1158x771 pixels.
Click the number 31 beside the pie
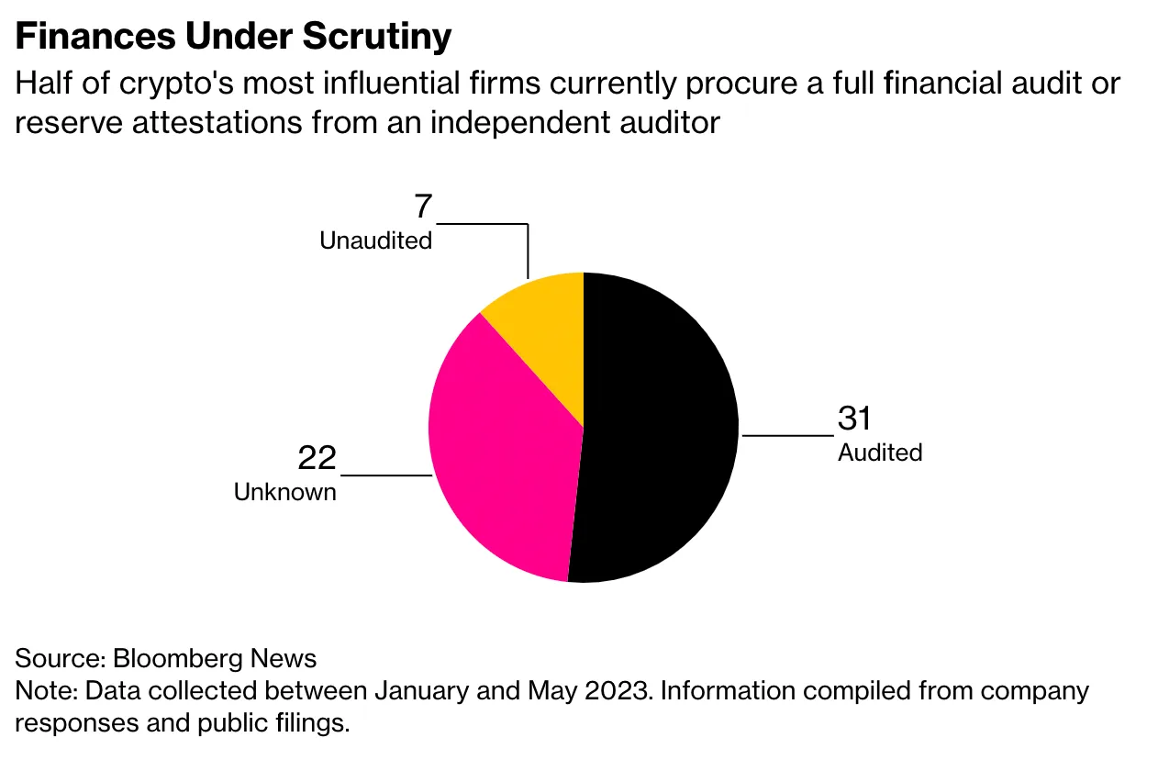click(x=854, y=419)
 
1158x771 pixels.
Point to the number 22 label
click(x=317, y=458)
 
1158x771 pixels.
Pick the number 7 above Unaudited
click(x=422, y=207)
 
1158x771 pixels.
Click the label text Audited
click(x=880, y=453)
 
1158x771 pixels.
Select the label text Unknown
click(x=285, y=492)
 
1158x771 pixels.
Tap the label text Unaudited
click(x=375, y=240)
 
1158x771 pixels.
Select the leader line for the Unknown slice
click(x=385, y=475)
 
